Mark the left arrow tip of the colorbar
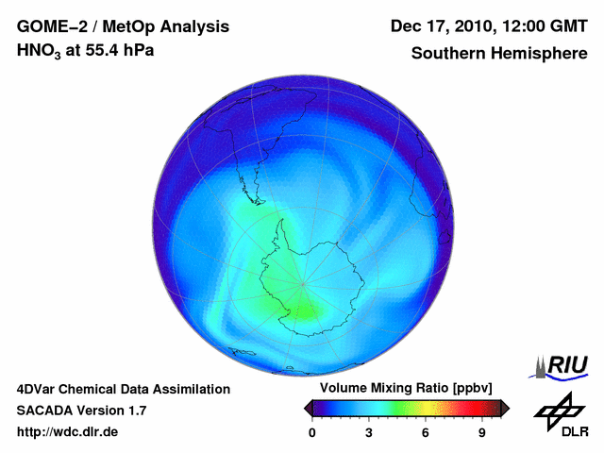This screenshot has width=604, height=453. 306,408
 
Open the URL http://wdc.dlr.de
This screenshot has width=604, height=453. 68,432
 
